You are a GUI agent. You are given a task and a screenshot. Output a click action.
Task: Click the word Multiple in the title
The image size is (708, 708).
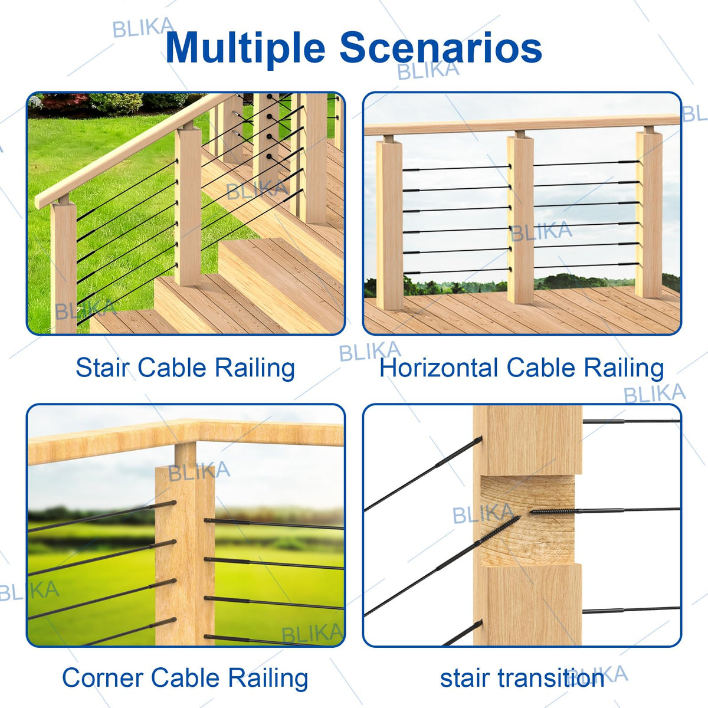tap(245, 48)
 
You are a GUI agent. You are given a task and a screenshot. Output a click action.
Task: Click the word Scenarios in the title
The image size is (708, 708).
tap(441, 48)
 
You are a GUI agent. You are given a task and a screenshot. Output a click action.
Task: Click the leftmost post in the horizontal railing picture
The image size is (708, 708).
tap(389, 225)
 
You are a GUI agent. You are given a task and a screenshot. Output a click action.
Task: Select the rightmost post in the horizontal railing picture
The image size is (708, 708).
tap(649, 214)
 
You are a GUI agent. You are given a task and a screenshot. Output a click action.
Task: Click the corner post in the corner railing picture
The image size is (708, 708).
tap(185, 555)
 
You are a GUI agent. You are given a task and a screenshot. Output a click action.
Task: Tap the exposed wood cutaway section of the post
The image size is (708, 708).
tap(527, 520)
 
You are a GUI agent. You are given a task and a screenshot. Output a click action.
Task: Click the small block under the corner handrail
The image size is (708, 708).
tap(185, 454)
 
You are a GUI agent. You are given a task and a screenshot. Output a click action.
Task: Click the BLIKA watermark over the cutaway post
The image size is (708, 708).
tap(483, 514)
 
